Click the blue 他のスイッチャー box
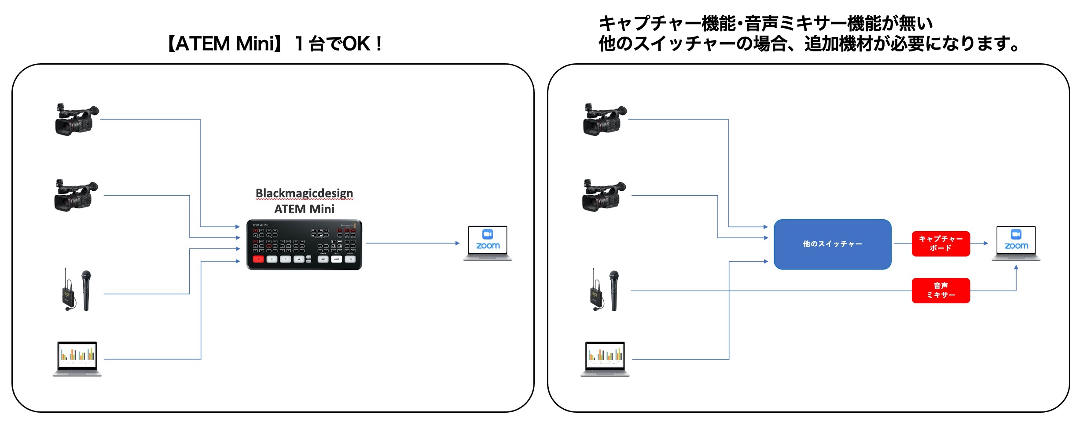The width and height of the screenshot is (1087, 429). click(x=832, y=244)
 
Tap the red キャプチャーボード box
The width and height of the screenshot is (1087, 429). click(x=940, y=244)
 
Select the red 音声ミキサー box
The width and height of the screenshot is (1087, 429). click(x=940, y=291)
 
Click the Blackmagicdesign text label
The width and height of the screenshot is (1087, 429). click(x=304, y=193)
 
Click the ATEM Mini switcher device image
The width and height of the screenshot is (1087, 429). click(x=304, y=245)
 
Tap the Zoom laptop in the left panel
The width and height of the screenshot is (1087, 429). click(x=488, y=243)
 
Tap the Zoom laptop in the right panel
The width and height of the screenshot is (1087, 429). click(x=1016, y=243)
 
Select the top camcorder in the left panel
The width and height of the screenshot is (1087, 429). click(x=76, y=120)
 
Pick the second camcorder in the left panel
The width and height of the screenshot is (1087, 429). click(x=75, y=196)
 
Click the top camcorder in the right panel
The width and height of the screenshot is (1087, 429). click(x=604, y=120)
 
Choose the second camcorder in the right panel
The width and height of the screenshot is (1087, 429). click(x=603, y=196)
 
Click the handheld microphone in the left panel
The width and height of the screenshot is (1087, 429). click(x=86, y=290)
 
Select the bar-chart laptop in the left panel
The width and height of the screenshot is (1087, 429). click(x=77, y=358)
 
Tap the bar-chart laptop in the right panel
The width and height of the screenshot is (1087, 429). click(x=605, y=358)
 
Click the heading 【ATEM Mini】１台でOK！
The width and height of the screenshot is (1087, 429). click(x=274, y=44)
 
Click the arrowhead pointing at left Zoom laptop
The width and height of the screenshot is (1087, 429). click(x=457, y=243)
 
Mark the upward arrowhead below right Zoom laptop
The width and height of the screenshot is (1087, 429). click(x=1016, y=267)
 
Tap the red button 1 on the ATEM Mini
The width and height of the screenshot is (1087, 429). click(x=258, y=259)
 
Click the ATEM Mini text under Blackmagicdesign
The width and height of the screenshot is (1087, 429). click(x=304, y=209)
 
